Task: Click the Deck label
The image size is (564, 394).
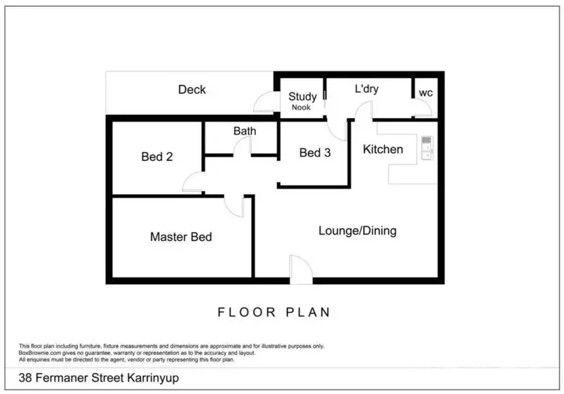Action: coord(192,89)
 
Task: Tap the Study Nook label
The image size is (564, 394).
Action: coord(302,101)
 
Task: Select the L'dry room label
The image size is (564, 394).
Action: coord(366,89)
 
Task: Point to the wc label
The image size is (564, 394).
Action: coord(426,92)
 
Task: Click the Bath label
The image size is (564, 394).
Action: coord(244,131)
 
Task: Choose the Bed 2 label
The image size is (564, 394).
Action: coord(157,156)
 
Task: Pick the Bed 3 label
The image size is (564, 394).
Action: coord(314,153)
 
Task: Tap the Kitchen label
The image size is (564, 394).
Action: coord(383,149)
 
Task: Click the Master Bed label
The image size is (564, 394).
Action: coord(181,237)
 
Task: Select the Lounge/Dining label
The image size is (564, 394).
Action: coord(357,231)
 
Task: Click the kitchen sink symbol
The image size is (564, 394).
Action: coord(426,148)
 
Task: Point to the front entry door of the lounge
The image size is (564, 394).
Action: coord(301,270)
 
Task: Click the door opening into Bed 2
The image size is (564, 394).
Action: coord(193,181)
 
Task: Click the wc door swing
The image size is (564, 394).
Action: coord(422,109)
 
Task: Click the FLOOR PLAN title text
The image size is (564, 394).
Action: coord(274,312)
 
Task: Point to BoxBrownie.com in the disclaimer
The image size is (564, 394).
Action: coord(38,353)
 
